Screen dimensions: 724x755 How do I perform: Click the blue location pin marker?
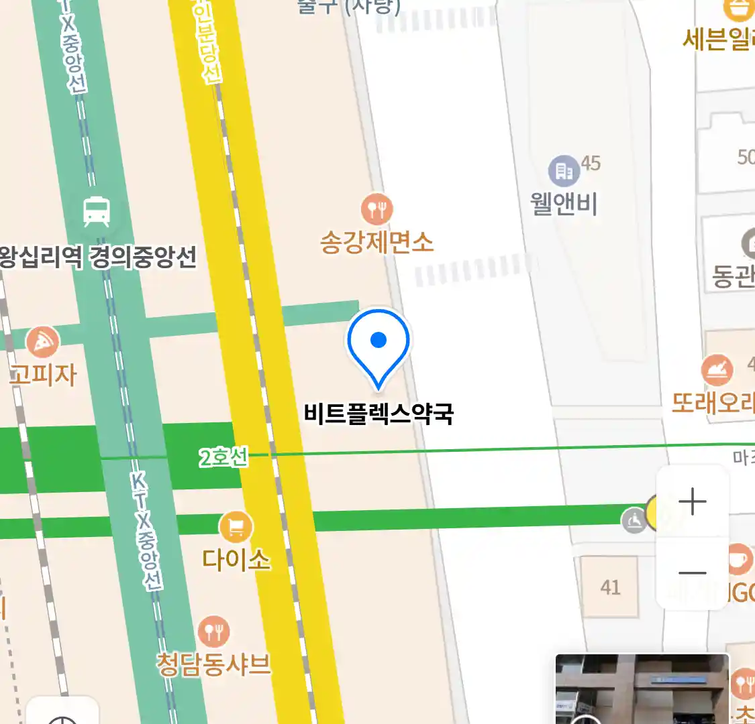tap(379, 342)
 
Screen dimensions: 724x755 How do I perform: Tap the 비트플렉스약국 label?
tap(379, 413)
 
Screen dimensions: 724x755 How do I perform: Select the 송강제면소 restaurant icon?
tap(377, 209)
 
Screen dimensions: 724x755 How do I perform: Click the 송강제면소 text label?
tap(377, 242)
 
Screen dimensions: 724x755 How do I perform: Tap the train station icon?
tap(97, 212)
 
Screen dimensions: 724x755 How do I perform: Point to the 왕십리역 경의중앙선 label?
tap(98, 257)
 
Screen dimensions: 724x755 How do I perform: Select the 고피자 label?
tap(44, 374)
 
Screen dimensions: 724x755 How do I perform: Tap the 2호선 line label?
tap(223, 458)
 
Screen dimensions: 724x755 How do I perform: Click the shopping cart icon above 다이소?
tap(236, 528)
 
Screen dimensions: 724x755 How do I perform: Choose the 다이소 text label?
tap(236, 559)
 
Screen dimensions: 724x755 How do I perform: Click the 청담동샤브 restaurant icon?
tap(213, 631)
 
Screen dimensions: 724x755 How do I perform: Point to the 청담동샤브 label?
tap(214, 664)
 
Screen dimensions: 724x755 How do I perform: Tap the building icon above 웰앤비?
tap(564, 172)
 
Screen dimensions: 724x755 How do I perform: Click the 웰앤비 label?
tap(564, 203)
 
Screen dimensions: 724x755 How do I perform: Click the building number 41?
tap(610, 587)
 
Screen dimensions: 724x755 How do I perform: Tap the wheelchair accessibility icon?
tap(634, 520)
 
